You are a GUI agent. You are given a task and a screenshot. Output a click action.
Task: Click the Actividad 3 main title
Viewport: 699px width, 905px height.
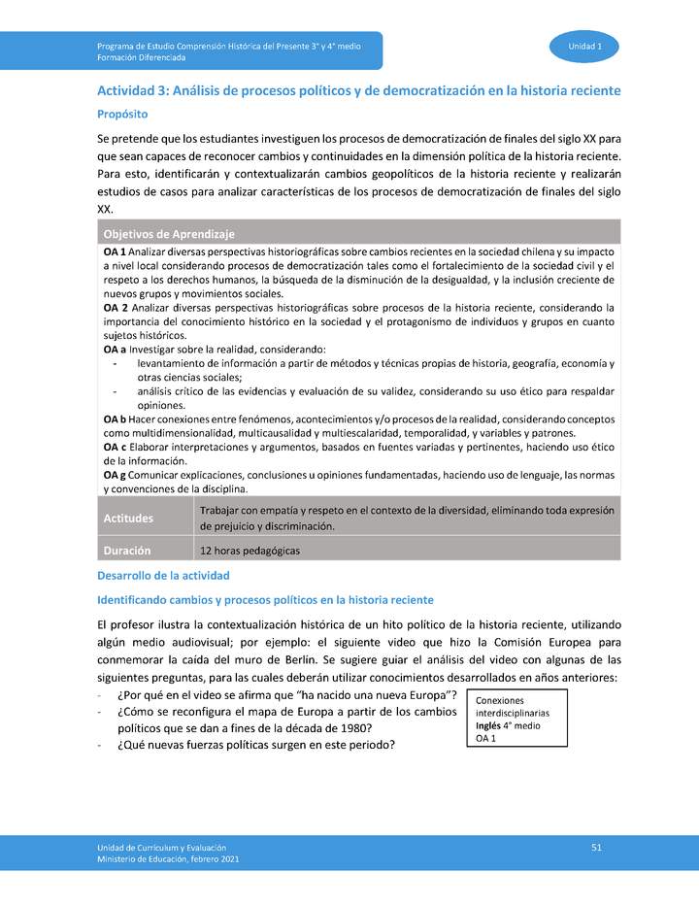[358, 90]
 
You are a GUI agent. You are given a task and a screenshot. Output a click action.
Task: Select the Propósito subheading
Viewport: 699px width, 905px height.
[122, 114]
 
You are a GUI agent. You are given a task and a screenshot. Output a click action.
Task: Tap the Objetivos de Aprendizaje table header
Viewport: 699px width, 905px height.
[169, 234]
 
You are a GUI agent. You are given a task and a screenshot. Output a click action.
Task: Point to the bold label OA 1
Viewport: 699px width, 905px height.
[115, 251]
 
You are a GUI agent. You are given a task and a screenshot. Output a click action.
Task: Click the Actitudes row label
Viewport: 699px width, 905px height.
[129, 519]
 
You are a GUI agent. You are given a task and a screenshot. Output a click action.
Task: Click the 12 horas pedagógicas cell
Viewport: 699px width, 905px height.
[250, 551]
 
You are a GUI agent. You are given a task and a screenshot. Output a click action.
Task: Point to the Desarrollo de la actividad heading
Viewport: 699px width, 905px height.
[163, 576]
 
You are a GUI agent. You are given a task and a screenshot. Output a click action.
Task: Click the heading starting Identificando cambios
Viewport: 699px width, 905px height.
[265, 600]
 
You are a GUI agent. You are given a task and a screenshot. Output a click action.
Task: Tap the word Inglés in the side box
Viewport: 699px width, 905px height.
[488, 725]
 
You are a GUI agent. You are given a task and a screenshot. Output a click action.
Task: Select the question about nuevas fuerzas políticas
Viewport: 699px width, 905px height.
[256, 745]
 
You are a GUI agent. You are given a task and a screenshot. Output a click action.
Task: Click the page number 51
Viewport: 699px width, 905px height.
[597, 848]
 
